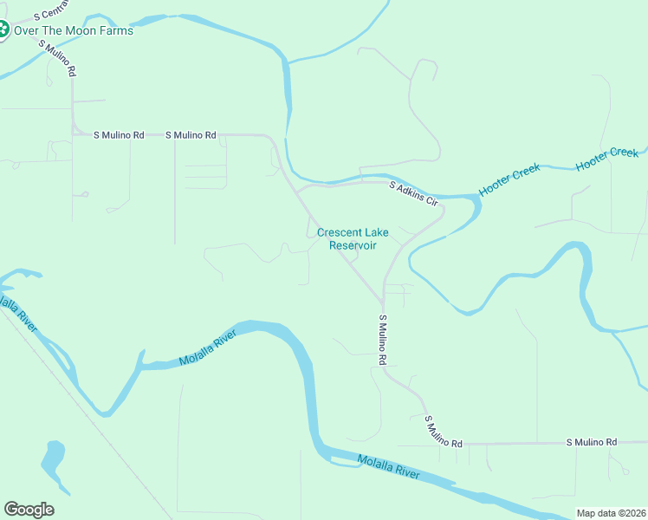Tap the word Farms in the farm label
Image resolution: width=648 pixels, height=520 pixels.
coord(117,31)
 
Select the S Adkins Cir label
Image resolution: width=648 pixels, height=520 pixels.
coord(414,193)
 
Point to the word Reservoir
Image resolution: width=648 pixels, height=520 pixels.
coord(353,245)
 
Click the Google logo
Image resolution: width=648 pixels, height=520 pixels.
coord(29,510)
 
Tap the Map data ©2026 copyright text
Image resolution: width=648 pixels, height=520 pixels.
coord(611,513)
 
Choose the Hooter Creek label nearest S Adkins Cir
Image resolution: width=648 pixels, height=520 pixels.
coord(509,179)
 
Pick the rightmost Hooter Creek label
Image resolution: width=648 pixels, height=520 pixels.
coord(606,159)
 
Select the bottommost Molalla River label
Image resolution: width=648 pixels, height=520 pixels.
coord(388,468)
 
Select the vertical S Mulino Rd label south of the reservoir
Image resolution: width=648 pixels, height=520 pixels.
coord(380,338)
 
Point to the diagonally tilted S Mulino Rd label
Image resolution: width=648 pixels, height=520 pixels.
coord(443,431)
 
